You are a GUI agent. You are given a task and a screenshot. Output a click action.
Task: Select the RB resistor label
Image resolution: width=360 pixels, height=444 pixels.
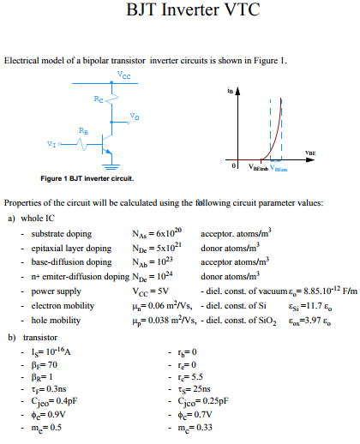[81, 129]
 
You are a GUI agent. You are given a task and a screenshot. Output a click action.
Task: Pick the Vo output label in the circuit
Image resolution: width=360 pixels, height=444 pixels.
[135, 115]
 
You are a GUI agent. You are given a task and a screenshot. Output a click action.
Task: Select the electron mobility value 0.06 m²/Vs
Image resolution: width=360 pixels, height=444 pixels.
[156, 305]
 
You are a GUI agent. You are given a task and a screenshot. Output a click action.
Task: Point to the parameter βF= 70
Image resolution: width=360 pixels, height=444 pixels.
[45, 365]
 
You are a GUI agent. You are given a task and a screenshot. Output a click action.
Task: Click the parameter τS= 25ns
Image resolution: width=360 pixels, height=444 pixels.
[195, 390]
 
